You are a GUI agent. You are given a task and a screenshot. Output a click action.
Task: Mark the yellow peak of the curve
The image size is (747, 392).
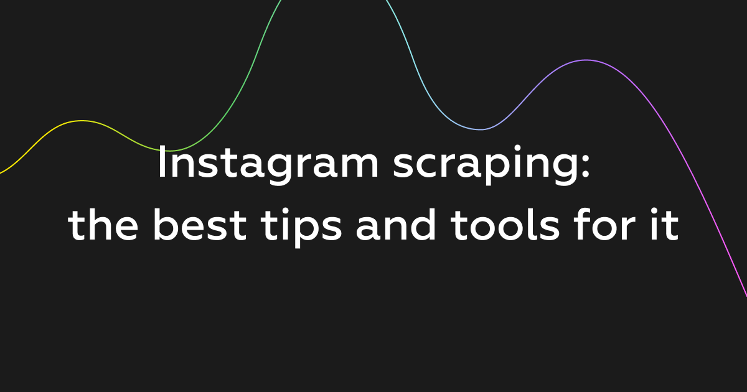click(x=81, y=121)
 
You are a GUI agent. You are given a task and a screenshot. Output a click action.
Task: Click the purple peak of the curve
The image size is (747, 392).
click(x=585, y=60)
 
